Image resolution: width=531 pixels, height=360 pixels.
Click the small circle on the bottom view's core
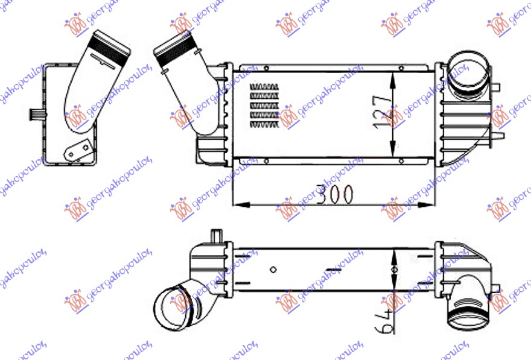pyautogui.click(x=273, y=270)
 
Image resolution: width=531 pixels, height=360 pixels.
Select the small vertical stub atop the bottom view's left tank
pyautogui.click(x=216, y=235)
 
